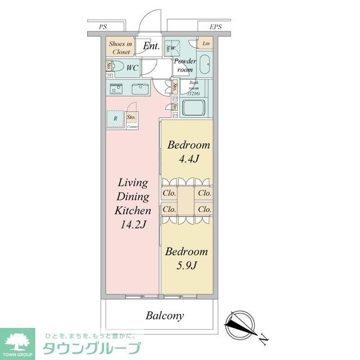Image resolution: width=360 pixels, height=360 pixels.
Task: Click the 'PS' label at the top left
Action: tap(102, 26)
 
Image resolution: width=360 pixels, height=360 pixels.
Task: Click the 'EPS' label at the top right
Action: tap(215, 26)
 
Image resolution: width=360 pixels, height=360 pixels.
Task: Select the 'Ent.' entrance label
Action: tap(150, 46)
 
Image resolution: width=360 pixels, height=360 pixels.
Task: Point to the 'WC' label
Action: tap(132, 68)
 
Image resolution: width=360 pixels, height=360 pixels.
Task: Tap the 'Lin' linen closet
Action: tap(206, 44)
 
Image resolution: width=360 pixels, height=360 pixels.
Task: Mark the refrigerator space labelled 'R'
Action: tap(115, 119)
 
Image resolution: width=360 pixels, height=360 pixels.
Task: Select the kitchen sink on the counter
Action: tap(140, 88)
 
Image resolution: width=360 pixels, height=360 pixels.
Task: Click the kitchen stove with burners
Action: tap(117, 88)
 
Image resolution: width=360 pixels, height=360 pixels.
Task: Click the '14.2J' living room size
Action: tap(133, 225)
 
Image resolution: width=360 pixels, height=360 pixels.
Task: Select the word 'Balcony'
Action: tap(165, 316)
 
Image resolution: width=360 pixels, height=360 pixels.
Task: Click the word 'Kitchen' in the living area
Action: tap(133, 211)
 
